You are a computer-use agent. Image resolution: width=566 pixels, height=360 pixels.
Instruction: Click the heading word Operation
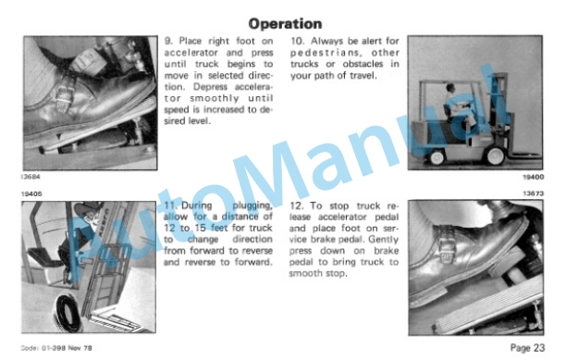click(285, 24)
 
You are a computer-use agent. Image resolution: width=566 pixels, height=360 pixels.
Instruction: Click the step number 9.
click(168, 41)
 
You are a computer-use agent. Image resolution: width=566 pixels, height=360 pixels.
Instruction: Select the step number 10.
click(297, 41)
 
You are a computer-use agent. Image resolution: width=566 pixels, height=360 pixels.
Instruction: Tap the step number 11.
click(170, 205)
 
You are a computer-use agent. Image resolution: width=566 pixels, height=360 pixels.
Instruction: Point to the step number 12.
click(297, 205)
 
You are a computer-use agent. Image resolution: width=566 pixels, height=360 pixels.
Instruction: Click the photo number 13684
click(31, 177)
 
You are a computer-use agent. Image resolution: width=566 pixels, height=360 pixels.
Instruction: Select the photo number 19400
click(533, 177)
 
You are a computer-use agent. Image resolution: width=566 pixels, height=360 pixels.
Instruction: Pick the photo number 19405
click(31, 194)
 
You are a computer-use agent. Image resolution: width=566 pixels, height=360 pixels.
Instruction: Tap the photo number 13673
click(533, 193)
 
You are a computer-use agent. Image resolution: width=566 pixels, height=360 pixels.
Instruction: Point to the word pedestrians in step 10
click(325, 53)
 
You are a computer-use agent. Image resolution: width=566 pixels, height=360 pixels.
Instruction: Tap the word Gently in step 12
click(384, 240)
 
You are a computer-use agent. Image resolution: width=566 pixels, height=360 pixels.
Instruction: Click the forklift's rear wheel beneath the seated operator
click(437, 157)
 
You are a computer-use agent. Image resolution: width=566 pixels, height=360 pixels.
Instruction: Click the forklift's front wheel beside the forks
click(495, 155)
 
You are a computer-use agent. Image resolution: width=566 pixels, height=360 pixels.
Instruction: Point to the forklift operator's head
click(450, 87)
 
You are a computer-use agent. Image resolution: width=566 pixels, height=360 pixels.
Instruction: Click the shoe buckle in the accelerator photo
click(63, 95)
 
